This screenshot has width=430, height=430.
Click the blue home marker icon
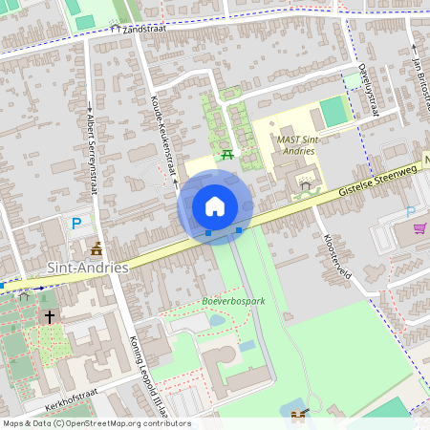[x=215, y=205]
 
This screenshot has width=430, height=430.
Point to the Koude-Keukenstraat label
[x=163, y=140]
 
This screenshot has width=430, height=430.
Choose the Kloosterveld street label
[x=338, y=258]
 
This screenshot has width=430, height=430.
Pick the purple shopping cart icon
[x=419, y=228]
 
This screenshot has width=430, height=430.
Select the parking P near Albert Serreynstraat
[x=76, y=224]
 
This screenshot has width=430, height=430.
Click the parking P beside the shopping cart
[x=411, y=211]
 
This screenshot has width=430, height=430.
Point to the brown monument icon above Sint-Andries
[x=96, y=249]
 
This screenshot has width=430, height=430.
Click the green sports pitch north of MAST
[x=334, y=112]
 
